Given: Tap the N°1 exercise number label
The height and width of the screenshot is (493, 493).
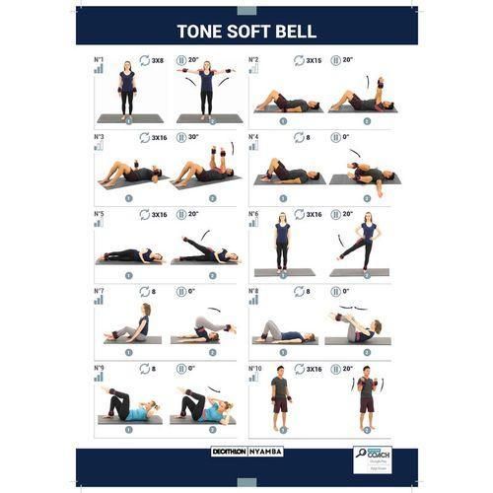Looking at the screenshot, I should (x=99, y=59).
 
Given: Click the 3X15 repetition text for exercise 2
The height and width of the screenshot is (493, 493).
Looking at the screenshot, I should (x=314, y=60).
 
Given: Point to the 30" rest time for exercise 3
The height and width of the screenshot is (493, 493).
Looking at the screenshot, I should (x=193, y=137).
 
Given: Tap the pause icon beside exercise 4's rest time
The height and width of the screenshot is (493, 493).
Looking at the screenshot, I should (x=334, y=137).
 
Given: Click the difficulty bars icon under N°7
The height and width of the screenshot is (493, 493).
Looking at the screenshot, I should (x=99, y=301).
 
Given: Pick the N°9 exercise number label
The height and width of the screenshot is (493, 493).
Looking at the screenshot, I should (x=99, y=368).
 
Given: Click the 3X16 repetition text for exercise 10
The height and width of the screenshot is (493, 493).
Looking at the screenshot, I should (x=314, y=369).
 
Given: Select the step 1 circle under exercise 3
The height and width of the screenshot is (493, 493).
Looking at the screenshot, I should (x=127, y=197).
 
